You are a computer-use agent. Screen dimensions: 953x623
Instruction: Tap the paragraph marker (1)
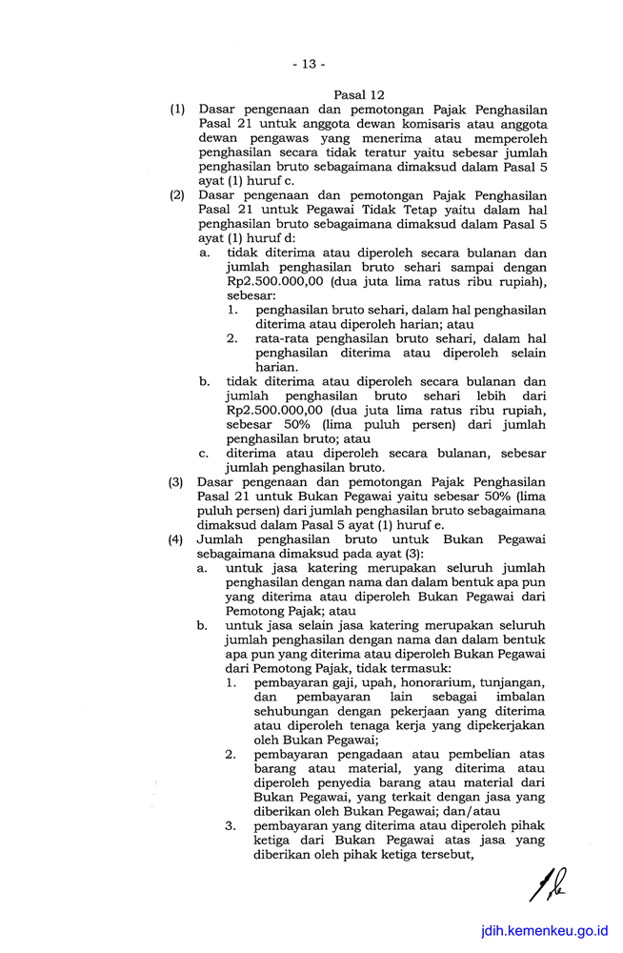(x=177, y=111)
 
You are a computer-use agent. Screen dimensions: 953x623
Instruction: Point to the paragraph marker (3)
(x=177, y=482)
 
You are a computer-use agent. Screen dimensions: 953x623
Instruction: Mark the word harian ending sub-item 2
(x=276, y=367)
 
